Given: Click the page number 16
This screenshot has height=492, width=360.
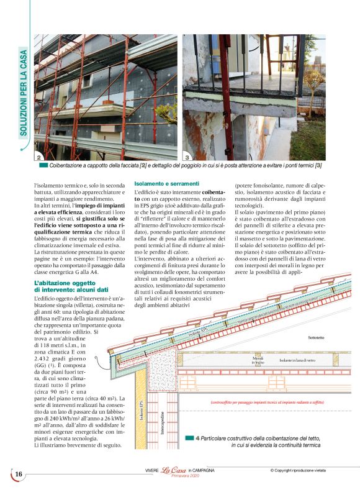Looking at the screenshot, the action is pos(19,475).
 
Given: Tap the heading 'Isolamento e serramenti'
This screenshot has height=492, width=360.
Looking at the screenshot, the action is pos(166,183).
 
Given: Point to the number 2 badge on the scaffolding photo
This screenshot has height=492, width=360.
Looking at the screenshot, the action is pos(39,158).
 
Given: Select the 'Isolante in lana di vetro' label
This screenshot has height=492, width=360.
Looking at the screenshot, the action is pos(297,360).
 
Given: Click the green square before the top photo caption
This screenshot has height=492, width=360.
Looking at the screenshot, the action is pos(43,165).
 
